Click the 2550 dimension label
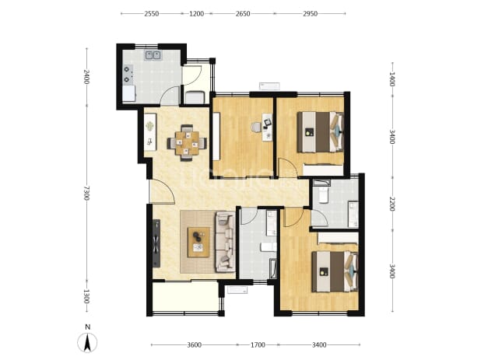click(x=152, y=14)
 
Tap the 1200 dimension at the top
click(x=196, y=14)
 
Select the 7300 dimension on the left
click(x=86, y=193)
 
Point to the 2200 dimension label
click(x=391, y=204)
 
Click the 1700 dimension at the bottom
click(x=258, y=345)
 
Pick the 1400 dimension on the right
click(x=391, y=79)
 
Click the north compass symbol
click(x=87, y=340)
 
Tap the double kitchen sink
click(x=153, y=55)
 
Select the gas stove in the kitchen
click(x=128, y=75)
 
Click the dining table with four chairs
click(x=187, y=143)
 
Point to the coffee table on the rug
click(x=198, y=242)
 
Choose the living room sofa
click(x=226, y=242)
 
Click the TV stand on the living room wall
click(x=156, y=243)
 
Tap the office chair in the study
click(x=256, y=128)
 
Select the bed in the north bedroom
click(x=320, y=131)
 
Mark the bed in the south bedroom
click(x=335, y=271)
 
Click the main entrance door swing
click(x=162, y=190)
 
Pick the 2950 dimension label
click(x=310, y=14)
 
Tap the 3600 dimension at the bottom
click(x=194, y=345)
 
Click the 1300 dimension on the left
click(x=86, y=296)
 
